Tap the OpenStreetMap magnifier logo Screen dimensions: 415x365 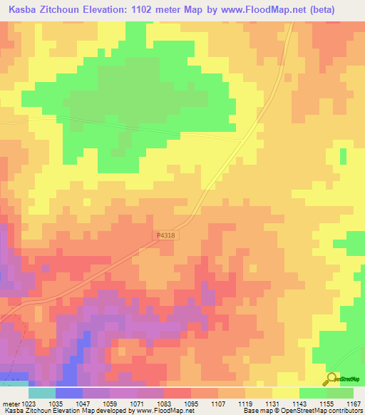pos(332,379)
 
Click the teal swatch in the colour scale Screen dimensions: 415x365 pos(41,393)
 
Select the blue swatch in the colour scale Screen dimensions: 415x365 pos(68,393)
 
